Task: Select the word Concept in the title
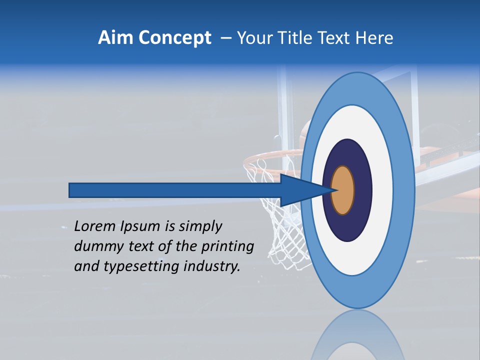point(175,38)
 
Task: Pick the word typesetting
point(135,266)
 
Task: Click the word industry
point(212,266)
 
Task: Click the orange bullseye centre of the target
point(343,190)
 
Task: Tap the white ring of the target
point(382,190)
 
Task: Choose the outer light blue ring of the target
point(404,190)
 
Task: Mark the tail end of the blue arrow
point(72,190)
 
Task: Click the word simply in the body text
point(200,227)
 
